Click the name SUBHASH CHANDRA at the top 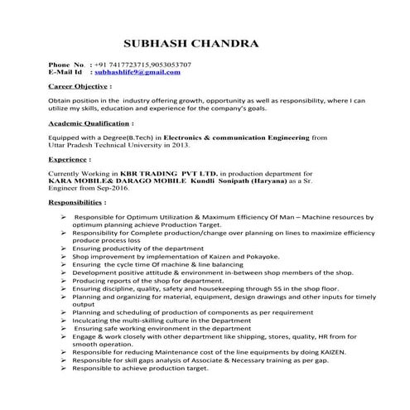coord(190,43)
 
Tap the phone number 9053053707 coord(169,65)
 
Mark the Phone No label coord(67,65)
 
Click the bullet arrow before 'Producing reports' coord(64,280)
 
